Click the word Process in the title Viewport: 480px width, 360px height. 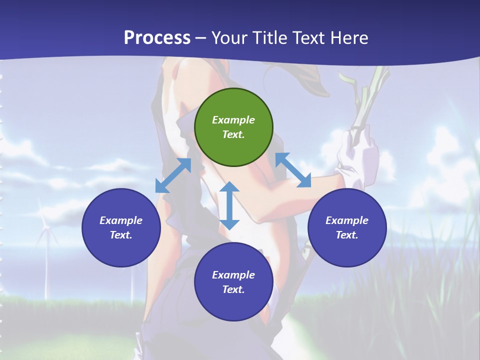(x=157, y=38)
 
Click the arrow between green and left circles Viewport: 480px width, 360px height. (x=173, y=175)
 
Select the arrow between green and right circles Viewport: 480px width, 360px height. (x=293, y=170)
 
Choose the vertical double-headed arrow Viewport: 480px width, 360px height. (x=229, y=205)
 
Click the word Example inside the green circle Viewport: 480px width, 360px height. (x=233, y=120)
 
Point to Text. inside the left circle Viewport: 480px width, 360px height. (x=121, y=235)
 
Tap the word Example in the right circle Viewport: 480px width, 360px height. (x=347, y=220)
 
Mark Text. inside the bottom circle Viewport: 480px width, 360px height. (x=233, y=289)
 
